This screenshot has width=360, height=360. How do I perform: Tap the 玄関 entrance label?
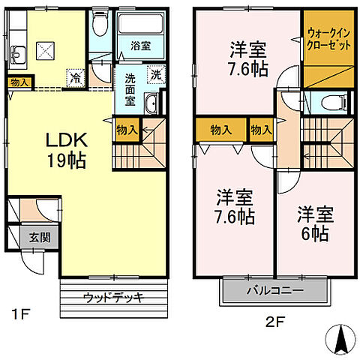click(19, 238)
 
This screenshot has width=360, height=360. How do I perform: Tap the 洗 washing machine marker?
click(154, 74)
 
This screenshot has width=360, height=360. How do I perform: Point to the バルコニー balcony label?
click(274, 289)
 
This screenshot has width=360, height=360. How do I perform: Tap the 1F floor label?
click(20, 313)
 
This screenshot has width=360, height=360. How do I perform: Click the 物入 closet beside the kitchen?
click(19, 82)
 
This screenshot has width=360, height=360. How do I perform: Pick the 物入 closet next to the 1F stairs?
click(127, 130)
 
